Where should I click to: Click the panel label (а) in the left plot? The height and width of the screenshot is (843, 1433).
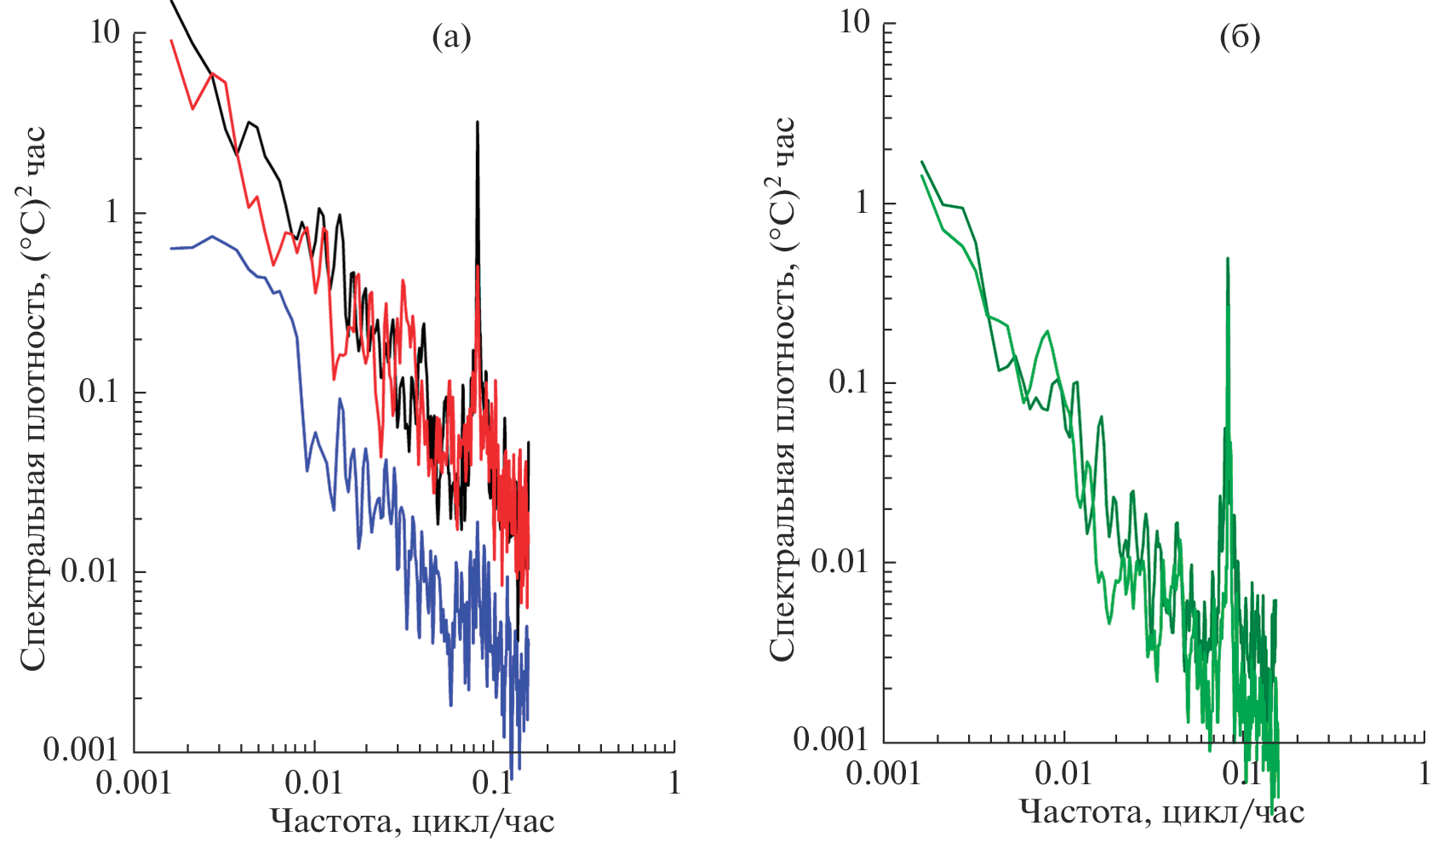tap(450, 37)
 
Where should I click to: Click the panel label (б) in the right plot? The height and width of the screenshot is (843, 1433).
tap(1240, 37)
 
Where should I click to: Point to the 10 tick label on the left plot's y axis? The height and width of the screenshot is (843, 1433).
tap(106, 33)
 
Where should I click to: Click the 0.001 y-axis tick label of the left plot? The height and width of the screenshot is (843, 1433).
tap(82, 749)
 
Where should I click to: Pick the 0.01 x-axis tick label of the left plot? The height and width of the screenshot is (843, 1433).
tap(314, 782)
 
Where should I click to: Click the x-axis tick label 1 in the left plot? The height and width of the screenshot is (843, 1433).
tap(674, 782)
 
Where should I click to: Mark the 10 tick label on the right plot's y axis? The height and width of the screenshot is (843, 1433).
tap(856, 22)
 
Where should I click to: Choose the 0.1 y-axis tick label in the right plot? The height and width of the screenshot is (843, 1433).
tap(850, 381)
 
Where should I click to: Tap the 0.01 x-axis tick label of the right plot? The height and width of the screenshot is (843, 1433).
tap(1063, 773)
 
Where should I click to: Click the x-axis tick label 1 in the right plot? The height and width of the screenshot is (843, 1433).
tap(1424, 773)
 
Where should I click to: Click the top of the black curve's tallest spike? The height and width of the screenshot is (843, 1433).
tap(478, 123)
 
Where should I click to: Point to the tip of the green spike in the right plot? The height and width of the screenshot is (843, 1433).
tap(1228, 259)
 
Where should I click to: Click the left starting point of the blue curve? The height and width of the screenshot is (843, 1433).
tap(171, 249)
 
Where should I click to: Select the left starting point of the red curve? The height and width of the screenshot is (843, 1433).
tap(172, 40)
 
